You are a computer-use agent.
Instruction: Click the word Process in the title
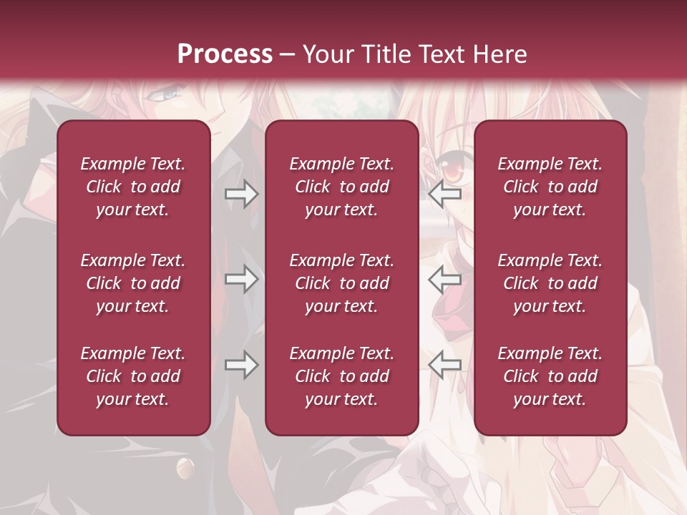tap(225, 54)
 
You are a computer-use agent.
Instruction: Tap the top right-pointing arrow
tap(241, 194)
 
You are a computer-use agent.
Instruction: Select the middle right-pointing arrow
tap(241, 279)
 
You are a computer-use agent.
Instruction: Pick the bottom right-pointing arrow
tap(241, 365)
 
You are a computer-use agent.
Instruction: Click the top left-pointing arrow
tap(444, 194)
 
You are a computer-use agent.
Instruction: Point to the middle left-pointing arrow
tap(444, 279)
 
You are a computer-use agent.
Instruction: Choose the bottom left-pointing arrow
tap(444, 365)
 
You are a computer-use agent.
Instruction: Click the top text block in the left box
tap(133, 187)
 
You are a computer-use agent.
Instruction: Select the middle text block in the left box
tap(133, 283)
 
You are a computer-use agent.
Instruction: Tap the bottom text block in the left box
tap(133, 376)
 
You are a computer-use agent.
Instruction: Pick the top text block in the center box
tap(341, 187)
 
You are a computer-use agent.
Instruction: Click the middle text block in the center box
tap(341, 283)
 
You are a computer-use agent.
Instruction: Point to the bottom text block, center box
tap(341, 376)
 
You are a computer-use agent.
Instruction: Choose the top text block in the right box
tap(550, 187)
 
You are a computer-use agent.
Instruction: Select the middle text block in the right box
tap(550, 283)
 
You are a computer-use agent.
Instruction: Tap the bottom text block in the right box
tap(550, 376)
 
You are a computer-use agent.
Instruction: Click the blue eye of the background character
tap(167, 93)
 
